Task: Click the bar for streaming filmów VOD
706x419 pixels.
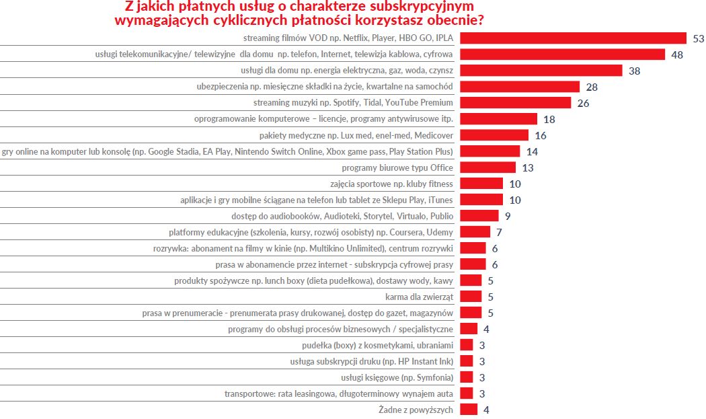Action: point(572,38)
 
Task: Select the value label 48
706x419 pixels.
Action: point(676,54)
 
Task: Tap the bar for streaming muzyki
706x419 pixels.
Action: point(515,103)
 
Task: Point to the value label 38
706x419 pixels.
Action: point(634,71)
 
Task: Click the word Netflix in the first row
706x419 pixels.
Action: point(352,38)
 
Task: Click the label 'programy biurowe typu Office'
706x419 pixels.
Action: point(397,167)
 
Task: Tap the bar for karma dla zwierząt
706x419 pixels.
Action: point(471,297)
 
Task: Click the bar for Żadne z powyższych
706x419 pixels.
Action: point(469,410)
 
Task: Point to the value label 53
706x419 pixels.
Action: point(698,38)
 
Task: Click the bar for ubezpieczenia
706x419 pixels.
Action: point(519,87)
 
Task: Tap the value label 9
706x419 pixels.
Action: point(507,216)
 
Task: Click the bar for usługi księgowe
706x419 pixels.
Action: point(467,377)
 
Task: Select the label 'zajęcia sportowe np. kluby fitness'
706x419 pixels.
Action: point(392,184)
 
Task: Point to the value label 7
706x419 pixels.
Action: point(499,232)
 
